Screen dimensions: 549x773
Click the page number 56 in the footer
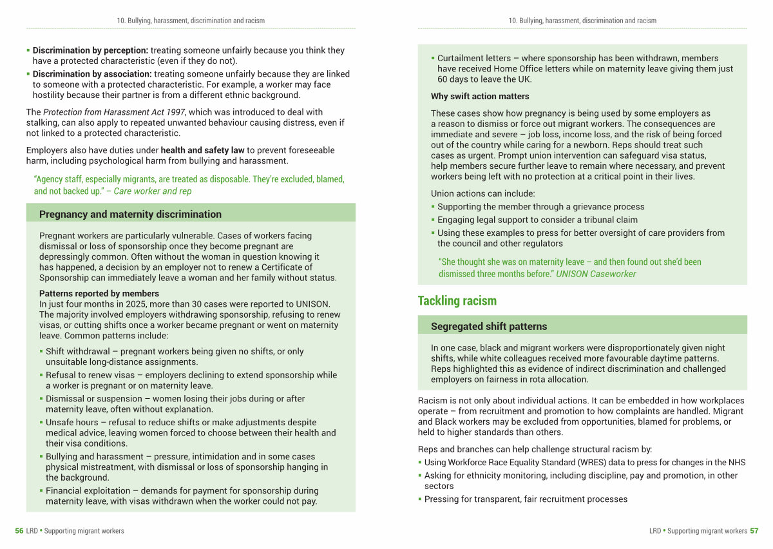pos(19,531)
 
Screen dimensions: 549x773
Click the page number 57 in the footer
pos(754,531)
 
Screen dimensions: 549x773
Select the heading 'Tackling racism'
pos(457,301)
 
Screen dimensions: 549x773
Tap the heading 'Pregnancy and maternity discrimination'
pos(130,215)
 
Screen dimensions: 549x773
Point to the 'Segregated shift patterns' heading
pos(489,327)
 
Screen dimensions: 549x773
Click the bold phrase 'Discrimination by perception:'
pos(90,50)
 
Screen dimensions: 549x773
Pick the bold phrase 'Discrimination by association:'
pos(92,74)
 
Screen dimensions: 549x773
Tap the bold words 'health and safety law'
pos(202,150)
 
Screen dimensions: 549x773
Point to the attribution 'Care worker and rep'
pos(153,191)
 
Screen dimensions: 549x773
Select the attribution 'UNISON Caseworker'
pos(596,274)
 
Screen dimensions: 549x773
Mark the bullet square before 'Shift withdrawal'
pos(41,352)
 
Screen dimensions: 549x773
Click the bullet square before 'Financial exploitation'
pos(41,491)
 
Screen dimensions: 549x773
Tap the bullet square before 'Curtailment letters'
pos(433,59)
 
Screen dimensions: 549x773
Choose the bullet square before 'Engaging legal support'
pos(433,220)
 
